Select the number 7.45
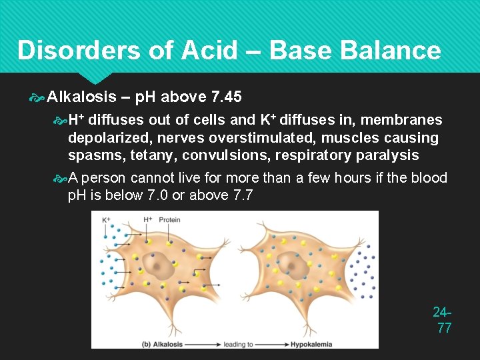tap(226, 97)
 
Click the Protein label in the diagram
tap(169, 219)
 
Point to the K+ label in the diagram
tap(106, 219)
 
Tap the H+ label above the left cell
tap(147, 219)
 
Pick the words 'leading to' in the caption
tap(239, 344)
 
